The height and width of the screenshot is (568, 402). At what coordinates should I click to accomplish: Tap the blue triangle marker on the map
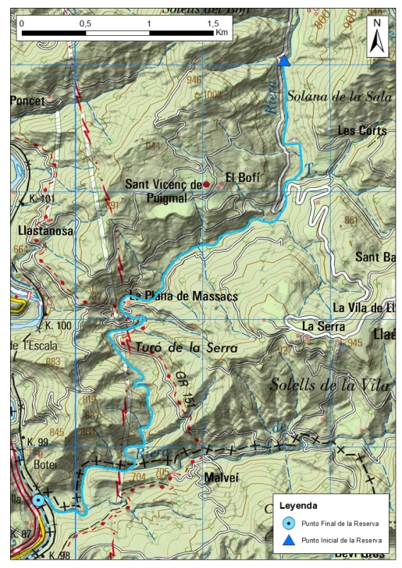284,62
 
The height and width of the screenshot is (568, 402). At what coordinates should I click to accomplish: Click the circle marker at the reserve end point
38,500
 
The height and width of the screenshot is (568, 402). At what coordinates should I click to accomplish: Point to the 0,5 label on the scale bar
84,24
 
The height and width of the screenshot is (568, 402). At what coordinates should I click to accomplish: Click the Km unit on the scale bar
222,34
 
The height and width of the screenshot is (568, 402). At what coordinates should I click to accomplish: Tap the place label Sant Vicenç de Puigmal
162,191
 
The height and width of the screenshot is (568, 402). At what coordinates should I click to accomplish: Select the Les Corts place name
361,131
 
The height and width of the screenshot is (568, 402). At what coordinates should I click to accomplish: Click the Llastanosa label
44,231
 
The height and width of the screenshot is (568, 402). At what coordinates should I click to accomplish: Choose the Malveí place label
219,476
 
